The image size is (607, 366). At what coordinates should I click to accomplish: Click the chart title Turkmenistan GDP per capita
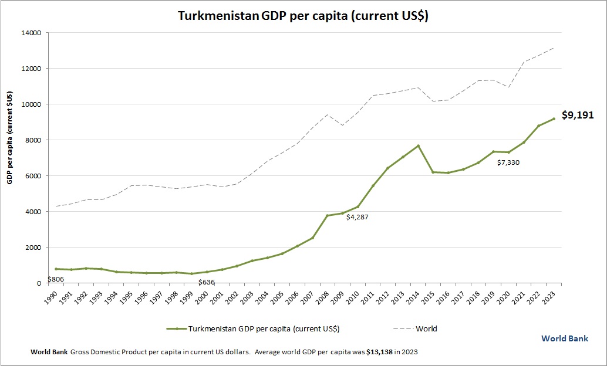pyautogui.click(x=303, y=16)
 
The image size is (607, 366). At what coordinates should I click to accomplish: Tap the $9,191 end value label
pyautogui.click(x=578, y=116)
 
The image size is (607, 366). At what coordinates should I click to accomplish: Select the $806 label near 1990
pyautogui.click(x=55, y=279)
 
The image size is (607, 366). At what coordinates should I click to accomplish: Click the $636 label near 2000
pyautogui.click(x=206, y=282)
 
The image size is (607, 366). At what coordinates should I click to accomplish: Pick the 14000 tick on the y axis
pyautogui.click(x=31, y=33)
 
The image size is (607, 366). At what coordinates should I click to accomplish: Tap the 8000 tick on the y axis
pyautogui.click(x=32, y=140)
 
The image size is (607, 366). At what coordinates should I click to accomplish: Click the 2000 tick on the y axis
pyautogui.click(x=32, y=248)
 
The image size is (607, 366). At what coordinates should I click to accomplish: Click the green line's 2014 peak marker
pyautogui.click(x=418, y=145)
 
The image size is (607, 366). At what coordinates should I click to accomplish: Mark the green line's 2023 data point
pyautogui.click(x=554, y=118)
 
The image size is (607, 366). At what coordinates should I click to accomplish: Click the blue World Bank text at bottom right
pyautogui.click(x=564, y=338)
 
